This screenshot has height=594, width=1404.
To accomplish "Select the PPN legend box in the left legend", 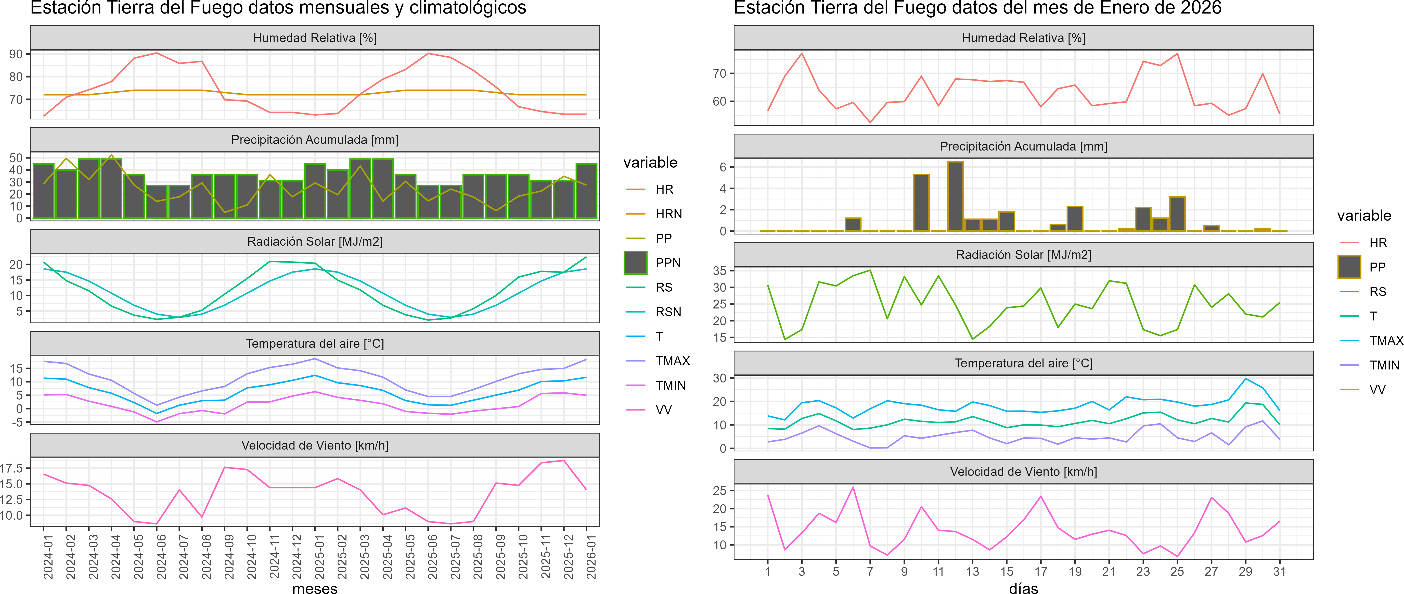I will coord(636,263).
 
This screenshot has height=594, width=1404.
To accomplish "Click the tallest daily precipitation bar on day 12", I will coord(956,196).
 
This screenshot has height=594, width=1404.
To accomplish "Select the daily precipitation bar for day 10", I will coord(921,203).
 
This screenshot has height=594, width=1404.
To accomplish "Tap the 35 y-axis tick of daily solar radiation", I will coord(719,270).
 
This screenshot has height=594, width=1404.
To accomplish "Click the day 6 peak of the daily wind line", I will coord(853,487).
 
